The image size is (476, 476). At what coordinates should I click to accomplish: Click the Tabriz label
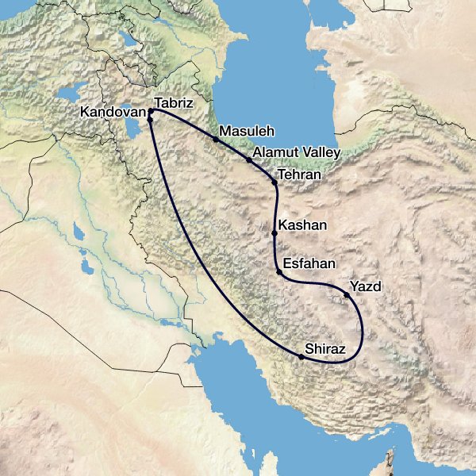(x=175, y=102)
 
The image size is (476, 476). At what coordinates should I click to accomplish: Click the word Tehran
(x=301, y=174)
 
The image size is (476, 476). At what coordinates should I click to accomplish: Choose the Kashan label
(x=304, y=225)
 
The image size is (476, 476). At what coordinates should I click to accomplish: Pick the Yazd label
(x=366, y=287)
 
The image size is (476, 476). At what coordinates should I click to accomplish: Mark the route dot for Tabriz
(x=151, y=110)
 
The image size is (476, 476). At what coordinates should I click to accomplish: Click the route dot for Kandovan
(x=149, y=120)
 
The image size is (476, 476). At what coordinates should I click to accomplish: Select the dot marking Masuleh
(x=216, y=139)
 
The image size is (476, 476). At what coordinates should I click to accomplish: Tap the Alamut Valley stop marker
(x=249, y=160)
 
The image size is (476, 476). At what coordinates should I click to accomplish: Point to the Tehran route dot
(x=274, y=183)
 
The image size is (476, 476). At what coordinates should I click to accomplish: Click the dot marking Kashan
(x=274, y=233)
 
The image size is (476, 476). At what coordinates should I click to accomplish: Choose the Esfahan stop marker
(x=279, y=273)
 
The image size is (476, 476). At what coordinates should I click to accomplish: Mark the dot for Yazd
(x=346, y=296)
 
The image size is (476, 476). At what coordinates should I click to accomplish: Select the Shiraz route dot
(x=301, y=357)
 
